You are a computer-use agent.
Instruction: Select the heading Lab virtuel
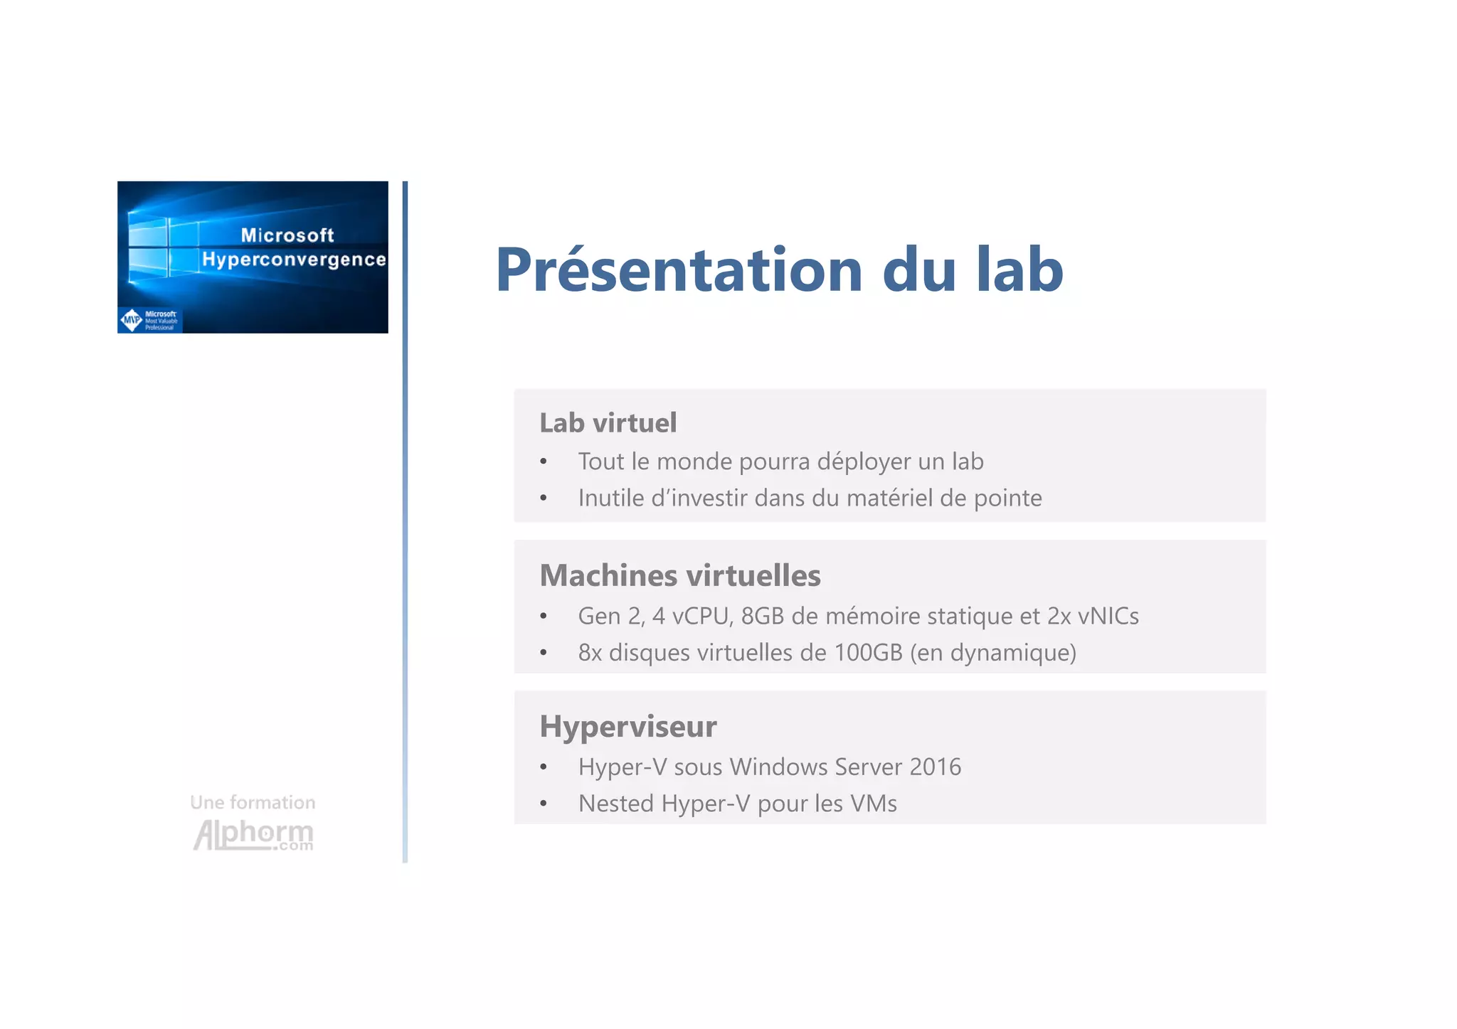click(608, 423)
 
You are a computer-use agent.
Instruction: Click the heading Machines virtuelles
click(679, 575)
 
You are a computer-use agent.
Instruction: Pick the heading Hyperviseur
click(627, 727)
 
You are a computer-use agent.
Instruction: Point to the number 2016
click(935, 767)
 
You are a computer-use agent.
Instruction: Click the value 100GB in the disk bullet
click(868, 652)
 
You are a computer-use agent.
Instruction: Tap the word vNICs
click(1108, 616)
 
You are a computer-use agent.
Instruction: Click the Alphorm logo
click(253, 834)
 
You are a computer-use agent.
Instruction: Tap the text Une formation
click(253, 802)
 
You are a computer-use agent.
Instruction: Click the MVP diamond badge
click(132, 320)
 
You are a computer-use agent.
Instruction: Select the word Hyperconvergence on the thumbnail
click(294, 260)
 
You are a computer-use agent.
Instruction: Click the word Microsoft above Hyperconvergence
click(287, 235)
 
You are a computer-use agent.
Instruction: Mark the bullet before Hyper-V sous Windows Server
click(544, 767)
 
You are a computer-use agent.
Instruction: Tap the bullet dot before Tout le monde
click(544, 462)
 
